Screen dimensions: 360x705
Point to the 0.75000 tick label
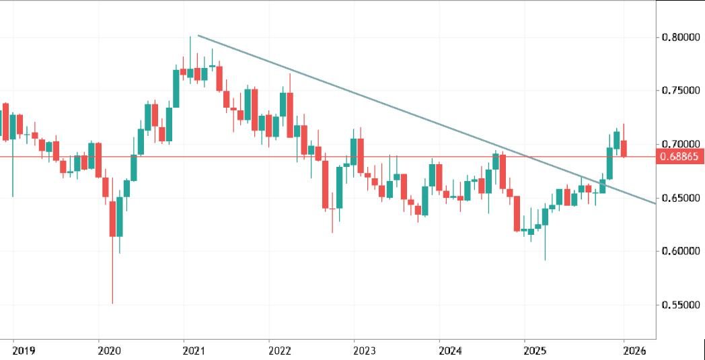[680, 91]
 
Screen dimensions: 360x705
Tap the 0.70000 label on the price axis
[680, 145]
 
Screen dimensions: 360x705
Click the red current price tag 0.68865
[680, 157]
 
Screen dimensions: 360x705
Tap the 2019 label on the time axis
[24, 351]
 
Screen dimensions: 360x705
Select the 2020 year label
[109, 351]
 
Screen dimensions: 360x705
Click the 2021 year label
[194, 351]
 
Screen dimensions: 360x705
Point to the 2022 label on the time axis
[279, 351]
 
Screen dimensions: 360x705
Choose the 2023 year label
[365, 351]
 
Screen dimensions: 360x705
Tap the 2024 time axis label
[449, 351]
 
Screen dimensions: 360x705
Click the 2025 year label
[535, 351]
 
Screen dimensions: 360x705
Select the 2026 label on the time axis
[634, 351]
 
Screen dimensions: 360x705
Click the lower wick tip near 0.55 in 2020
[112, 303]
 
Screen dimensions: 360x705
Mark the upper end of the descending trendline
[198, 36]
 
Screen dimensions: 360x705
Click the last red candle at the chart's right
[624, 149]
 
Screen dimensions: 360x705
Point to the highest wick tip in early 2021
[190, 36]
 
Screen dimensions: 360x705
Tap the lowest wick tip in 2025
[545, 260]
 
